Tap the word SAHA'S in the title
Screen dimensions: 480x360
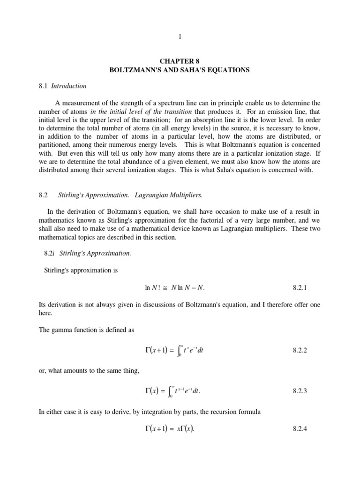coord(217,70)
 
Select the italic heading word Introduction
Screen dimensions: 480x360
coord(69,86)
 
